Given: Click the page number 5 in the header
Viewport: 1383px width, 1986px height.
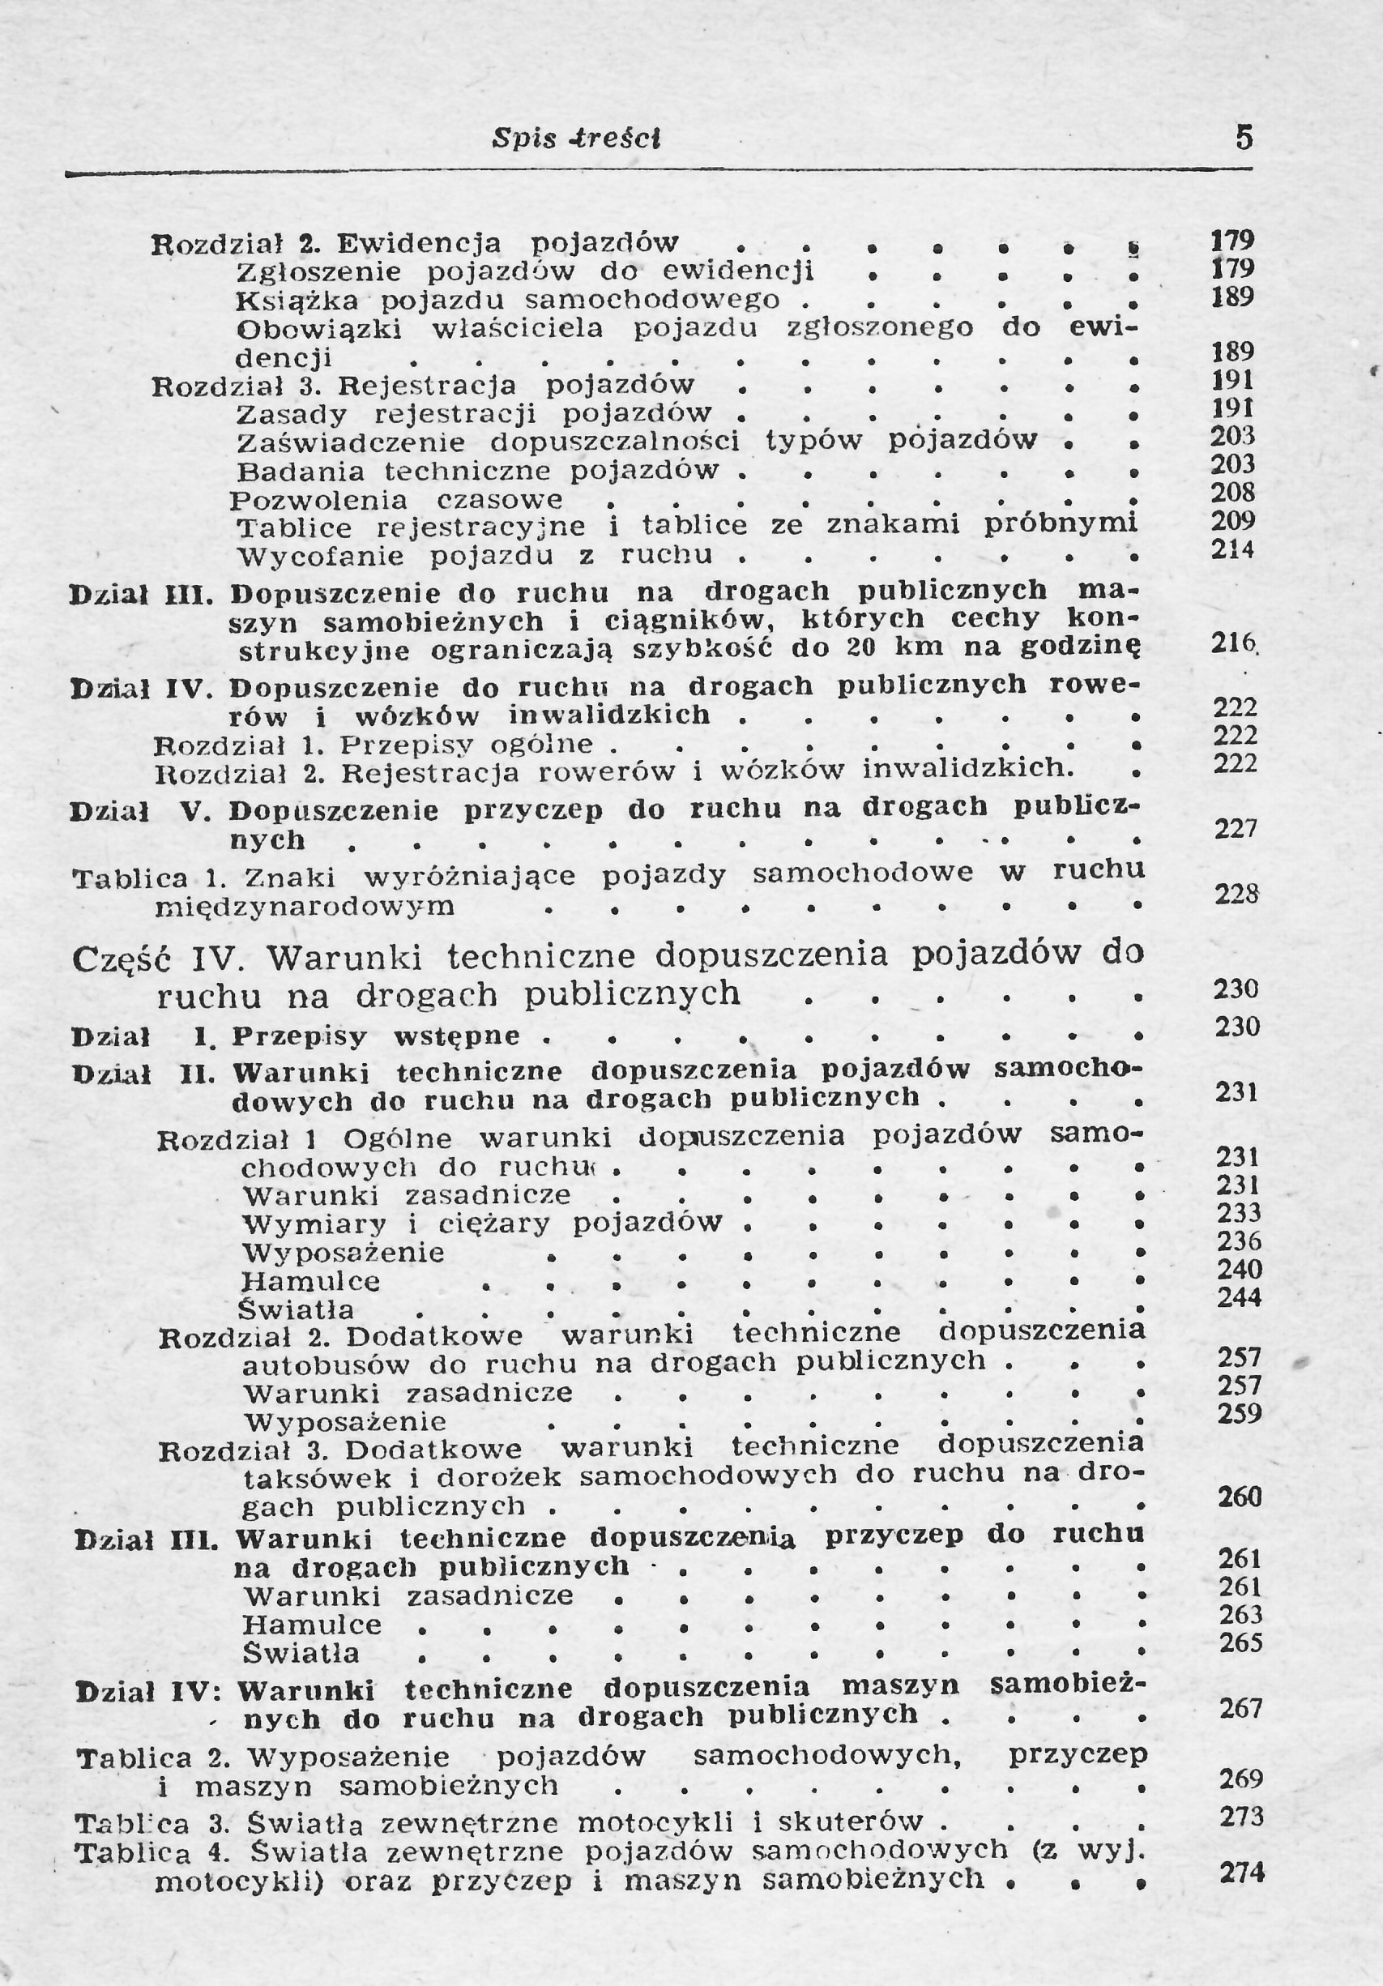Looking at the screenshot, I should pyautogui.click(x=1244, y=138).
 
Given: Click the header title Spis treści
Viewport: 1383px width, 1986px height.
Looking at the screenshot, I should pyautogui.click(x=576, y=139).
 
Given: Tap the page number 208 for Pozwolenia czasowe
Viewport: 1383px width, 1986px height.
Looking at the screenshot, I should pyautogui.click(x=1231, y=492).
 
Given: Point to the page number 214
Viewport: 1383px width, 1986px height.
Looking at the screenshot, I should pyautogui.click(x=1232, y=549).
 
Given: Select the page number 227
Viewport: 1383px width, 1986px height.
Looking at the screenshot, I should pyautogui.click(x=1235, y=829).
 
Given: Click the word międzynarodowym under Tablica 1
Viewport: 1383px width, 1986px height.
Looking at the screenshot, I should pyautogui.click(x=305, y=908).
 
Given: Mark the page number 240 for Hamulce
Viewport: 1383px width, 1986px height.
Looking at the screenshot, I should pyautogui.click(x=1240, y=1269).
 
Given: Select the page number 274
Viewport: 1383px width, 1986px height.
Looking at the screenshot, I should pyautogui.click(x=1241, y=1873).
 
